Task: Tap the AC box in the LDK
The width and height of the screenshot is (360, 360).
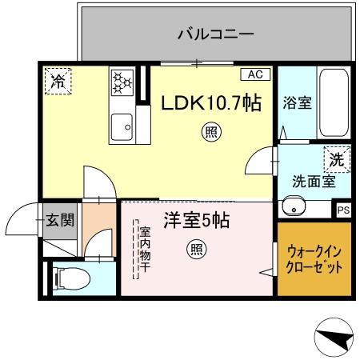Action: coord(255,74)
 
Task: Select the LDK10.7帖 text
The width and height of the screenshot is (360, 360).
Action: coord(211,103)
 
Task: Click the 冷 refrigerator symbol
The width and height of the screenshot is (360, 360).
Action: coord(58,80)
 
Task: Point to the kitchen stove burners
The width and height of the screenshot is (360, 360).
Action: coord(122,83)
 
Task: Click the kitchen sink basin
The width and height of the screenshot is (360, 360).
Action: coord(122,125)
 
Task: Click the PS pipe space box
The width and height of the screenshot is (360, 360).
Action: coord(343,210)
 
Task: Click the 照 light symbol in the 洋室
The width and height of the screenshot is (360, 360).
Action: coord(196,250)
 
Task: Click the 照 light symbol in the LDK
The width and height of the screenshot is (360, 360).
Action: coord(211,132)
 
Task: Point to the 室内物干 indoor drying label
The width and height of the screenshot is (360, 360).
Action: coord(145,251)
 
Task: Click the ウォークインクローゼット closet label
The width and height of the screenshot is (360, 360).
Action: coord(314,258)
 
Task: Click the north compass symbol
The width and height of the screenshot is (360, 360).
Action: coord(334,338)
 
